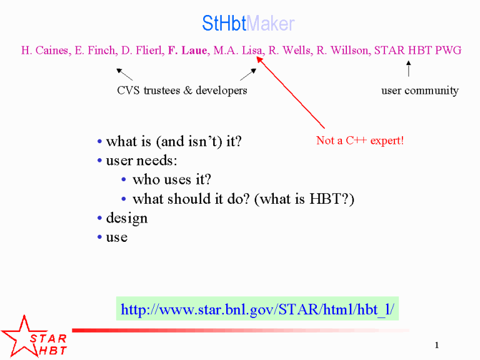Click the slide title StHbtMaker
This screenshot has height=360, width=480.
pos(248,23)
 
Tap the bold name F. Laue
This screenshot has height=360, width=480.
pos(188,50)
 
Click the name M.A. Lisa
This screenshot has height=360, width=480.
pos(238,50)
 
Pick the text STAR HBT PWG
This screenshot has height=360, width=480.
pos(417,50)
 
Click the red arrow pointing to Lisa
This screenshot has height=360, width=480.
pos(291,92)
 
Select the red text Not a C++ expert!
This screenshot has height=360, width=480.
pos(360,141)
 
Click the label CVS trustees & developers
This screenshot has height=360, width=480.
pos(182,90)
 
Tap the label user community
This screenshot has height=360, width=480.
pos(420,91)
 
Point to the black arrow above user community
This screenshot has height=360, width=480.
pos(408,69)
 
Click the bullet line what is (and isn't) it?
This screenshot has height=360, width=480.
pos(174,142)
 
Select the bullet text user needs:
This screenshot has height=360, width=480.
pos(141,161)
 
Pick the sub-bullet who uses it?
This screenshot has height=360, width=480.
pos(172,179)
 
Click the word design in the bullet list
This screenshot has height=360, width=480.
pos(127,218)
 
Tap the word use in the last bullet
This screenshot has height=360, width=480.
pos(117,237)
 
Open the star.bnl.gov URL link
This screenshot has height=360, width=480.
pos(257,309)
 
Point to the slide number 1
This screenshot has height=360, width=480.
pos(437,345)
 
